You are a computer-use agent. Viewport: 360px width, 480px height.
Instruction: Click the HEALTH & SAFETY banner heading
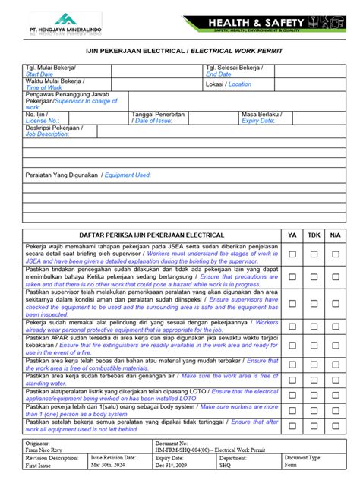262,22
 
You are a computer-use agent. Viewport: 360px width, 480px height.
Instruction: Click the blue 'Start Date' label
39,75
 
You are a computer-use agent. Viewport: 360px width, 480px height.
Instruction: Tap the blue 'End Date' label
218,75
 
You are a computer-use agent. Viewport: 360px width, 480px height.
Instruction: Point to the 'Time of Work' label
44,88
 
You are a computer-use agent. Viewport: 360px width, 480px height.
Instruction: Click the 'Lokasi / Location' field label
228,84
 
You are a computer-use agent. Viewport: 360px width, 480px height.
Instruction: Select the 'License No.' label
42,120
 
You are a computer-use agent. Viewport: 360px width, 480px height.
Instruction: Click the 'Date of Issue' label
158,120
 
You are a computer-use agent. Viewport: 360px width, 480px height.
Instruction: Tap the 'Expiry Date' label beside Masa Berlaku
257,120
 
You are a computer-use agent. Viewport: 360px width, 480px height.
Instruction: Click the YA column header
292,235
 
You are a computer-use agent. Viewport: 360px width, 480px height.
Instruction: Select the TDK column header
314,235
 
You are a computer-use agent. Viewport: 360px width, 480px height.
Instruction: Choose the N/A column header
336,235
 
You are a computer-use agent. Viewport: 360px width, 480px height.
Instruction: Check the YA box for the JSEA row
292,254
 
